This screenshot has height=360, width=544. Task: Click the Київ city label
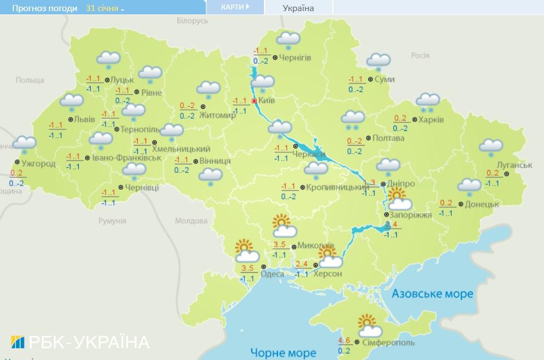click(x=267, y=101)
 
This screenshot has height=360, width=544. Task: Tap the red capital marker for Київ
click(x=254, y=101)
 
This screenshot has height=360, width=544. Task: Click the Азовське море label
click(x=432, y=293)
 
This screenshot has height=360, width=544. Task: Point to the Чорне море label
click(x=283, y=352)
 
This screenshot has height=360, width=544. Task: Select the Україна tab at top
click(x=298, y=8)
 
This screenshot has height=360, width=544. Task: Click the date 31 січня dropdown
click(x=105, y=8)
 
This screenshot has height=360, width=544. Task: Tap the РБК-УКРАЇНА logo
click(x=80, y=341)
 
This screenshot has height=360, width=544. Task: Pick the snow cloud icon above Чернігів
click(x=288, y=41)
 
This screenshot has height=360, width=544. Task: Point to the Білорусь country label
click(x=192, y=21)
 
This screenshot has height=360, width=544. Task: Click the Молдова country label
click(x=191, y=221)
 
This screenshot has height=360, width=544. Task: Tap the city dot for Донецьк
click(x=461, y=204)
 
